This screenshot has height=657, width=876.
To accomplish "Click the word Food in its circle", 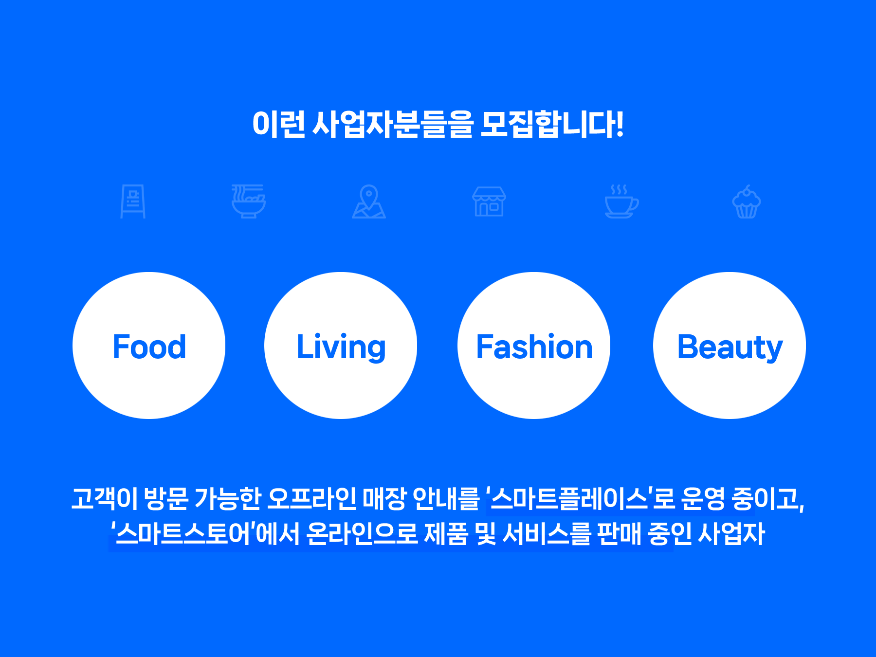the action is pyautogui.click(x=149, y=347).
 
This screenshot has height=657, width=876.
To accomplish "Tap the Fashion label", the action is pyautogui.click(x=534, y=347).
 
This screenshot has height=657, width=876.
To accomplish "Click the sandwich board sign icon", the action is pyautogui.click(x=133, y=201).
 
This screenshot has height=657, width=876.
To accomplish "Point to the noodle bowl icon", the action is pyautogui.click(x=248, y=201).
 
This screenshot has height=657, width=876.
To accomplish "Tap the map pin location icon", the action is pyautogui.click(x=369, y=201).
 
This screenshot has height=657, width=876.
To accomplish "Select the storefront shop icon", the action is pyautogui.click(x=489, y=201).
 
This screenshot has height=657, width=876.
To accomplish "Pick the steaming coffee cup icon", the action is pyautogui.click(x=621, y=201).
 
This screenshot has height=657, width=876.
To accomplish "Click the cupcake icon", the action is pyautogui.click(x=747, y=201).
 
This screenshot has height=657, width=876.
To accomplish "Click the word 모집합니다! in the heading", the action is pyautogui.click(x=552, y=124).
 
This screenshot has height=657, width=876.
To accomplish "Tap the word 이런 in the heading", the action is pyautogui.click(x=278, y=124).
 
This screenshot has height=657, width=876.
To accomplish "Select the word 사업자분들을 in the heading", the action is pyautogui.click(x=392, y=124).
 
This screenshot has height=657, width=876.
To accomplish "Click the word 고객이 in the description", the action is pyautogui.click(x=104, y=498).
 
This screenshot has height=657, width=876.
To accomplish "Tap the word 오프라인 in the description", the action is pyautogui.click(x=312, y=498).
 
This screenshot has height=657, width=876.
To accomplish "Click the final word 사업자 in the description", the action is pyautogui.click(x=731, y=533).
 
